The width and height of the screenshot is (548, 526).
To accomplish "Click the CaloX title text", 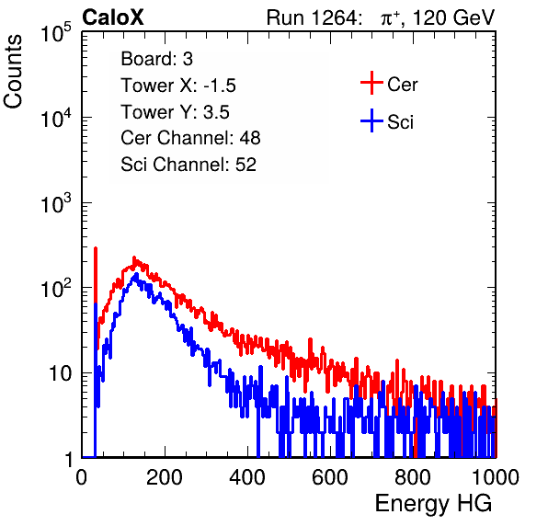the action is click(112, 17).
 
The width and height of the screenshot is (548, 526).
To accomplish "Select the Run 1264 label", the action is click(313, 17).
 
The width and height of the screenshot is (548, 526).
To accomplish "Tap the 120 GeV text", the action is click(453, 17).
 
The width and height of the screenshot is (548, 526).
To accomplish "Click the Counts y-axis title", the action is click(13, 71).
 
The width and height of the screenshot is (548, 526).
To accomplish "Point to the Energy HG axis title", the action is click(433, 504).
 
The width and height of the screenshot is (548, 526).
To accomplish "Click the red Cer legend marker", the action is click(371, 83).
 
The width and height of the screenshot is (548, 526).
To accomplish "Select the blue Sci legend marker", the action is click(371, 121).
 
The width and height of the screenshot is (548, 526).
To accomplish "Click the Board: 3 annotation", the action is click(156, 59).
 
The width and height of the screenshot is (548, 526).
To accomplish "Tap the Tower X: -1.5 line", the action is click(178, 86).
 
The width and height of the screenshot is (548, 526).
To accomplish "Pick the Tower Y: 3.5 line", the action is click(175, 112).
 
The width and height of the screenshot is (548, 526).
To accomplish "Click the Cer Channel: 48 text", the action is click(190, 138).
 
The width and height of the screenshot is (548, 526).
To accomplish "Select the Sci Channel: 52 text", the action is click(188, 165).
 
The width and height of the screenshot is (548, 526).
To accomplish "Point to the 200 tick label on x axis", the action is click(165, 477).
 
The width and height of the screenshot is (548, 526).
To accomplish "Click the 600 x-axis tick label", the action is click(330, 477).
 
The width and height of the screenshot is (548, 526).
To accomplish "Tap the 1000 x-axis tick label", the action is click(496, 477).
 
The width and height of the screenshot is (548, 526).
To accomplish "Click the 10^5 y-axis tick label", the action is click(56, 33).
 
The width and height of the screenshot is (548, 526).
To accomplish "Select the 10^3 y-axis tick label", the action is click(56, 203).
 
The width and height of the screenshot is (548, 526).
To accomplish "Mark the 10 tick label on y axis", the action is click(61, 374).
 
